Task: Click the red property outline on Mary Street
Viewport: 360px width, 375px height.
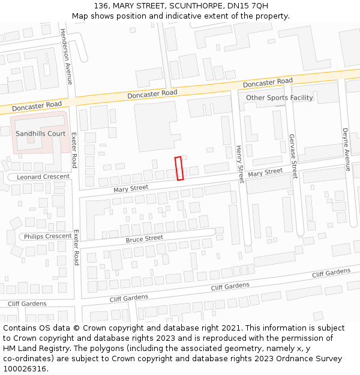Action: [178, 168]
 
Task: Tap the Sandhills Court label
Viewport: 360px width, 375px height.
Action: [41, 133]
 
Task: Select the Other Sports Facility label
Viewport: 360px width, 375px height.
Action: [279, 98]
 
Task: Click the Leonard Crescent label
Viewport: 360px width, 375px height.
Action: [43, 177]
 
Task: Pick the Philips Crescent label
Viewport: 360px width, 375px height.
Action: [48, 236]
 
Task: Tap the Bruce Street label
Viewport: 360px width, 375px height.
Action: [144, 238]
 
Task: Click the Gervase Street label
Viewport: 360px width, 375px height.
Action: [293, 156]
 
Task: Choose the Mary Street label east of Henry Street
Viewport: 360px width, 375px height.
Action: [265, 173]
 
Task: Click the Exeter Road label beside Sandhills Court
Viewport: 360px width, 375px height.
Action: [74, 151]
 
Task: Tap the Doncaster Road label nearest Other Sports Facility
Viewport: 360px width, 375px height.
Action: [268, 82]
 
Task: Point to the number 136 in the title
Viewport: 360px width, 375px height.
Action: [101, 5]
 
